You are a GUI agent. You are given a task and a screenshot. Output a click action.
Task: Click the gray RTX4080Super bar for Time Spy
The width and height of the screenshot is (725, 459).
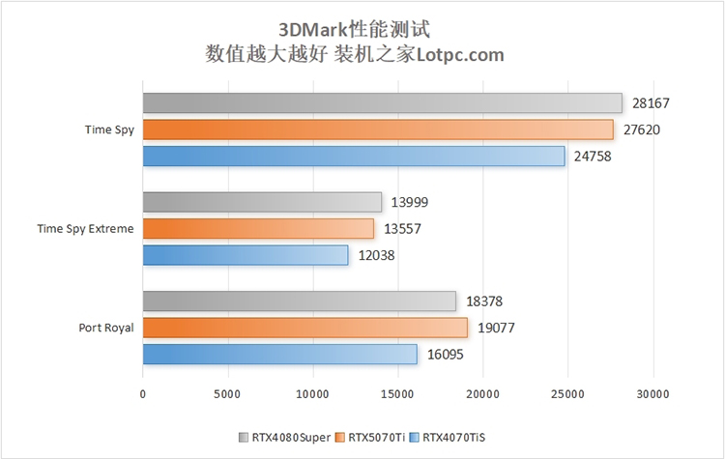tap(382, 103)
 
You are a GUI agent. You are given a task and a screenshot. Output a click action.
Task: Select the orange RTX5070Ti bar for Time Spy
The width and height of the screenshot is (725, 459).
tap(378, 129)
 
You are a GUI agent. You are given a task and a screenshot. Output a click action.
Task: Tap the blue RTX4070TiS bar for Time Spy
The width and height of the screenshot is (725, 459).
tap(354, 156)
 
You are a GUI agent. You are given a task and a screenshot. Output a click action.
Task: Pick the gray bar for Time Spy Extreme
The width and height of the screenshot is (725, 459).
tap(262, 202)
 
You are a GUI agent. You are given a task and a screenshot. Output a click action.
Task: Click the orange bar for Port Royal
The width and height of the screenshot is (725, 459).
tap(304, 328)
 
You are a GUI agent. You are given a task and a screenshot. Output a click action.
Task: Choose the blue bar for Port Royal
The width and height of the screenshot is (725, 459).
tap(279, 355)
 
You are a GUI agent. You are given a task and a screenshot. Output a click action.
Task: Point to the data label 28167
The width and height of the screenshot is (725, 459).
tap(652, 103)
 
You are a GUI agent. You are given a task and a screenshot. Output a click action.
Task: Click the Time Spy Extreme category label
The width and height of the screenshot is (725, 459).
tap(85, 229)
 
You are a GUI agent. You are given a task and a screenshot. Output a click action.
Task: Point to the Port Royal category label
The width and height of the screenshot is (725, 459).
tap(106, 328)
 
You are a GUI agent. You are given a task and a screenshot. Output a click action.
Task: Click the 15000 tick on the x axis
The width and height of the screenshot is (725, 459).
tap(397, 394)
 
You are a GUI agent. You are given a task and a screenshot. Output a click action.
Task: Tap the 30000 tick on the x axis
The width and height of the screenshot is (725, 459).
tap(652, 394)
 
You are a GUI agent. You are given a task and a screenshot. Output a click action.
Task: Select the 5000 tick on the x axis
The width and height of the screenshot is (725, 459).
tap(227, 394)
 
